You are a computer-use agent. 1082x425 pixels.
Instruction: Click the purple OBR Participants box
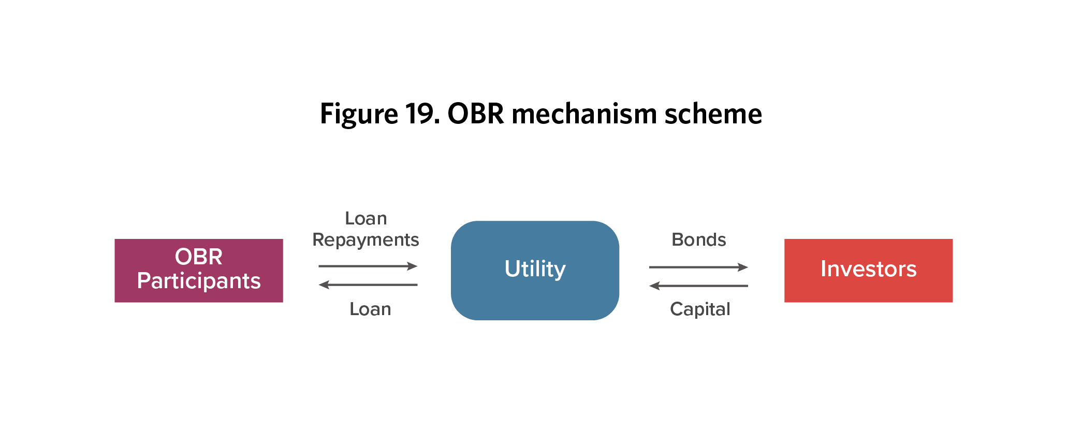[x=199, y=271]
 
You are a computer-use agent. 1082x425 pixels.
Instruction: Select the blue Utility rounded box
[x=535, y=271]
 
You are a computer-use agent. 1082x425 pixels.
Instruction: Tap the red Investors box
[x=868, y=271]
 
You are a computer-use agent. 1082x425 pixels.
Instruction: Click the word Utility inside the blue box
[x=535, y=269]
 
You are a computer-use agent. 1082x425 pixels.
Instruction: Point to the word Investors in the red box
[x=868, y=269]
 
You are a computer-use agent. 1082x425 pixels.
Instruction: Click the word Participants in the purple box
[x=199, y=281]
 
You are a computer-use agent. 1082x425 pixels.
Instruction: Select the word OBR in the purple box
[x=199, y=257]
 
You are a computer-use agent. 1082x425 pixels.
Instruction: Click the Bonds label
[x=698, y=239]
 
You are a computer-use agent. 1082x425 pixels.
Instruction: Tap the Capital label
[x=700, y=309]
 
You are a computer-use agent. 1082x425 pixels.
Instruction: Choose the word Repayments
[x=365, y=240]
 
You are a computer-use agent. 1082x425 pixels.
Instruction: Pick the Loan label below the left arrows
[x=370, y=309]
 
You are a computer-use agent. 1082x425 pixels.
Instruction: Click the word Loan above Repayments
[x=366, y=218]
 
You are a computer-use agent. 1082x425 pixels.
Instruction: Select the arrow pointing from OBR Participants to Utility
[x=368, y=266]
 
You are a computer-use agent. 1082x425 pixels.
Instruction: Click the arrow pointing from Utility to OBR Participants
[x=368, y=285]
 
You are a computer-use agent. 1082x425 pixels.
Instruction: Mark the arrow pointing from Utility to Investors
[x=698, y=267]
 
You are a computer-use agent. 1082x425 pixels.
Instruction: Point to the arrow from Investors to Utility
[x=698, y=286]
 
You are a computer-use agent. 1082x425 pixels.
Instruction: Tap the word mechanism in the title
[x=584, y=114]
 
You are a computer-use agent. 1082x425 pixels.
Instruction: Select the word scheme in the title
[x=713, y=114]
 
